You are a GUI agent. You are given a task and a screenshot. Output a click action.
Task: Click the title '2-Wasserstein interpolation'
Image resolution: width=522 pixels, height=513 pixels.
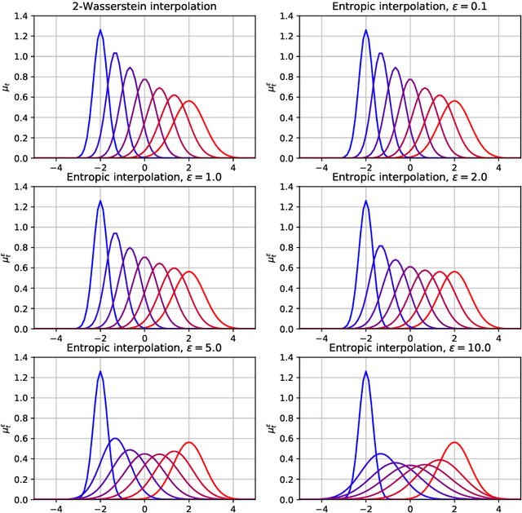point(144,7)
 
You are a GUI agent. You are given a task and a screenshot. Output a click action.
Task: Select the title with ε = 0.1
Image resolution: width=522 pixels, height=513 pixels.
point(409,7)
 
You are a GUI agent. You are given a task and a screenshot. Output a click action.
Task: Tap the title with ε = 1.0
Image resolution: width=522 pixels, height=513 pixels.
point(144,178)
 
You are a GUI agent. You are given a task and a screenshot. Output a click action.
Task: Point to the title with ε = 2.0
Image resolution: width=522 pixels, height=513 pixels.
point(409,178)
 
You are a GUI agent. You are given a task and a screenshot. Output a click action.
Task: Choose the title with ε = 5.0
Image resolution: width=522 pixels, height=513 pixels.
point(144,348)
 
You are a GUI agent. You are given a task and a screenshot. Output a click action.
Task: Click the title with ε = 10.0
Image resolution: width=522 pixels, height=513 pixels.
point(409,348)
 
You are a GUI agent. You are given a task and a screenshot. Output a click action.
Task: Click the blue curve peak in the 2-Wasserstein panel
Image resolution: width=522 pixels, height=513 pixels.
point(100,31)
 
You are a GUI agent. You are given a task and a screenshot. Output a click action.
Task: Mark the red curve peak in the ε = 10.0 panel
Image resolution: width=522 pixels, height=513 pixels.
point(454,443)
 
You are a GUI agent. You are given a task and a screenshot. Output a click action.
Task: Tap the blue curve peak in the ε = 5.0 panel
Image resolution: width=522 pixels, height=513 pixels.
point(100,373)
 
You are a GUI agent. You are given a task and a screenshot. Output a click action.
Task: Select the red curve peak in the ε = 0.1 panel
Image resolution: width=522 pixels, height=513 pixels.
point(454,101)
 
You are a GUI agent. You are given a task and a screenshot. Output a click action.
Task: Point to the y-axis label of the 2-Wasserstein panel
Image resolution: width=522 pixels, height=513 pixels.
point(7,84)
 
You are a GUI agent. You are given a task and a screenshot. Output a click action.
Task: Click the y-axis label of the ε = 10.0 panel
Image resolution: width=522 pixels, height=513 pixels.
point(272,426)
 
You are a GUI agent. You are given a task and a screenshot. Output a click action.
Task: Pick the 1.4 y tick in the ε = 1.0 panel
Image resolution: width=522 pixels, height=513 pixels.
point(20,187)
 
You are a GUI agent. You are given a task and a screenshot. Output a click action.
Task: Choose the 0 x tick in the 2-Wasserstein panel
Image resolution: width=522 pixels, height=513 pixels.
point(144,167)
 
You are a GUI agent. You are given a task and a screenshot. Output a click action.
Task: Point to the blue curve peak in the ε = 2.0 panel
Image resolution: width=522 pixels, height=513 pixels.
point(365,201)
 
